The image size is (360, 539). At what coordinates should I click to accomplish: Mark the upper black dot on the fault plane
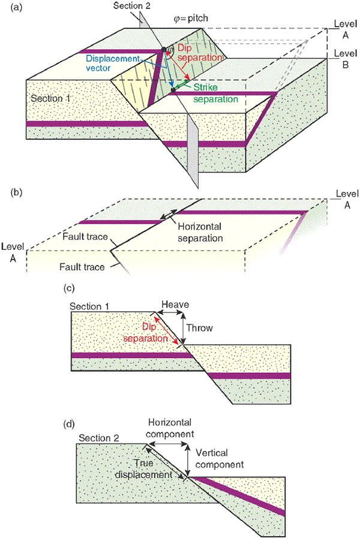(163, 49)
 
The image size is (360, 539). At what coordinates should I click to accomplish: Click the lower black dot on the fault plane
(174, 90)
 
